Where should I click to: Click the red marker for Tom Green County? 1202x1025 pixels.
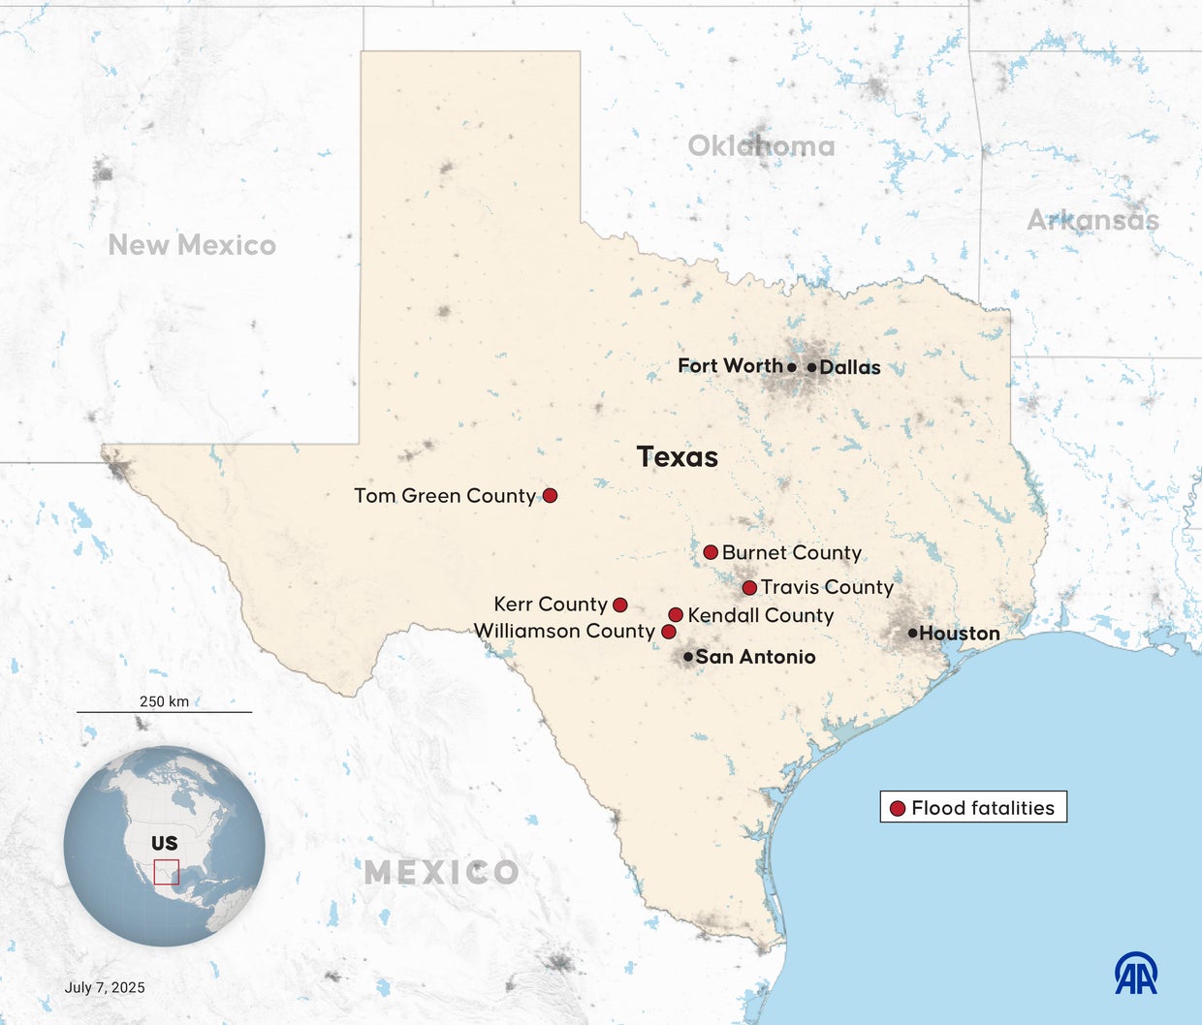click(x=550, y=495)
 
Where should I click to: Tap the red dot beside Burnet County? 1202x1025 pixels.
click(x=711, y=552)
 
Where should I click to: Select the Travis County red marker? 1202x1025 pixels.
click(x=749, y=587)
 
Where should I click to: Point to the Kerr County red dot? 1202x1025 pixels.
click(x=620, y=605)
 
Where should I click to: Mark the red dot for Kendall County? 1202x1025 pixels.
click(x=676, y=614)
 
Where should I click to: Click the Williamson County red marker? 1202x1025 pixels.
click(x=668, y=632)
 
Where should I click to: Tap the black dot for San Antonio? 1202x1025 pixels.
click(x=688, y=657)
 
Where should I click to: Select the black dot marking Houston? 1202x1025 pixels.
click(x=912, y=633)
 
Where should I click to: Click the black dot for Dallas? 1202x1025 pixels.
click(x=811, y=367)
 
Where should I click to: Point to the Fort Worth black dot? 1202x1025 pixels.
click(x=792, y=367)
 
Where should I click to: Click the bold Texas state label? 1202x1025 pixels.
click(x=678, y=456)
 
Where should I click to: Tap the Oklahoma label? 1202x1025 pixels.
click(x=761, y=146)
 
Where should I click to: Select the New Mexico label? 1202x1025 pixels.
click(x=192, y=245)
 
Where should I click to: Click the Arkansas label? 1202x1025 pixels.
click(x=1092, y=221)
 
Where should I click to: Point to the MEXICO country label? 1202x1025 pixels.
click(x=441, y=872)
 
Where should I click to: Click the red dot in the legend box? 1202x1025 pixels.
click(x=898, y=808)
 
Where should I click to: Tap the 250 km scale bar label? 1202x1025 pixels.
click(x=165, y=700)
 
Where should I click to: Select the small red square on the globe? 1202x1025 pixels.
click(x=167, y=872)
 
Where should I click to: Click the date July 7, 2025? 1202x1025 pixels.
click(x=105, y=987)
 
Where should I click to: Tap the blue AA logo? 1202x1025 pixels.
click(x=1136, y=973)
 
